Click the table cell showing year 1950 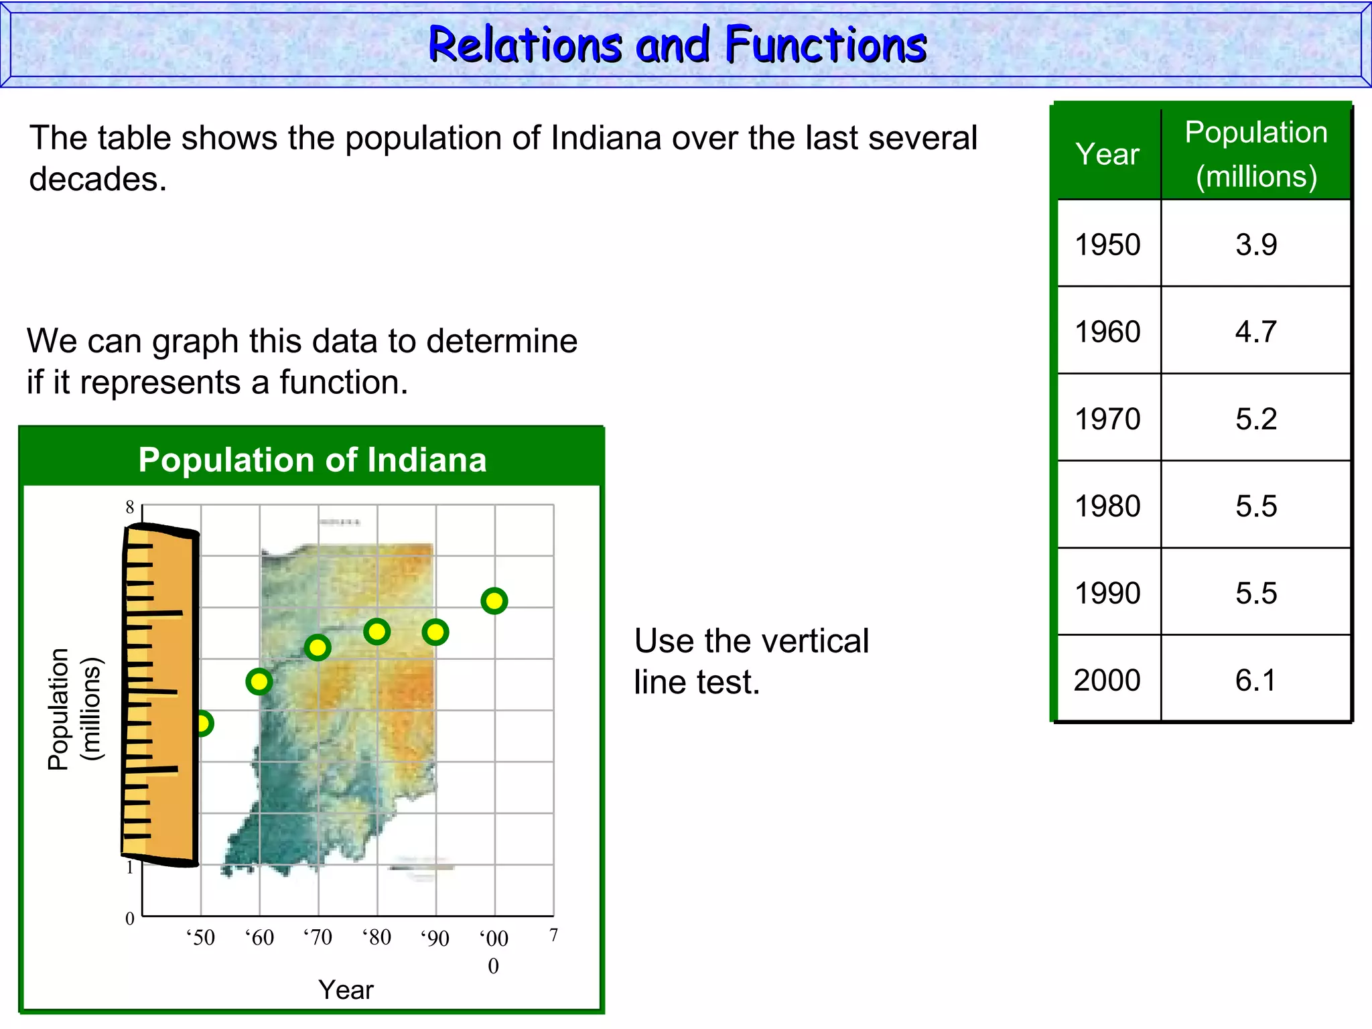click(x=1107, y=245)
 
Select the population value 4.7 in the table click(x=1256, y=332)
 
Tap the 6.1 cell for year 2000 click(x=1256, y=680)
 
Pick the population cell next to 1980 click(x=1256, y=506)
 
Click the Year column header click(x=1107, y=154)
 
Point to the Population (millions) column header click(x=1256, y=154)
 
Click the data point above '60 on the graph click(x=259, y=682)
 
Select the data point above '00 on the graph click(x=494, y=601)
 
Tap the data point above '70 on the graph click(x=318, y=647)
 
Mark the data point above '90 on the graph click(x=435, y=632)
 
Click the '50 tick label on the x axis click(x=201, y=937)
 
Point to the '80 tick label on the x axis click(x=377, y=937)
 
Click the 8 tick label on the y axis click(x=130, y=507)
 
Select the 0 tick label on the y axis click(x=130, y=918)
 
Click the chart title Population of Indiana click(x=312, y=460)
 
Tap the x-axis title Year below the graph click(x=346, y=989)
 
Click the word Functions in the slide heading click(x=825, y=45)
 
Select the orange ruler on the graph click(x=161, y=697)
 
